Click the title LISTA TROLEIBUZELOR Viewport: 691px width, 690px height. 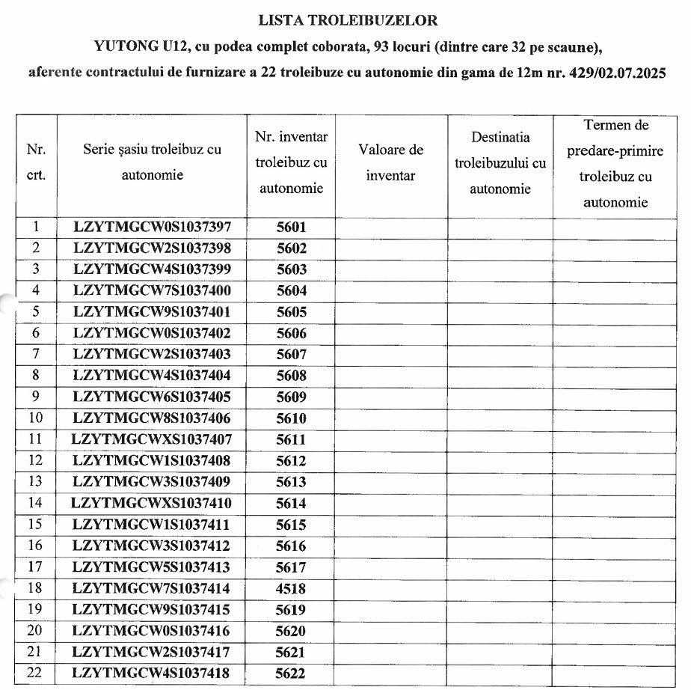348,20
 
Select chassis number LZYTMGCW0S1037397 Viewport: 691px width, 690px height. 153,228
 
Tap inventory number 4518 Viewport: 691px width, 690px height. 291,589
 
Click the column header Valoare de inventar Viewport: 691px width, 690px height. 391,162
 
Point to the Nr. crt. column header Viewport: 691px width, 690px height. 36,162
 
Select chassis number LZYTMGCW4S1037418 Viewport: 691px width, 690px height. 152,674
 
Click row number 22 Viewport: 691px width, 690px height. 35,673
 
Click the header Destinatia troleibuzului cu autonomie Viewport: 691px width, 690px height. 500,163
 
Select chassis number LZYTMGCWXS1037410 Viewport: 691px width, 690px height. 152,504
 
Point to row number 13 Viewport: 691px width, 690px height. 35,482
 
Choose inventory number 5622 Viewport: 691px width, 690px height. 291,674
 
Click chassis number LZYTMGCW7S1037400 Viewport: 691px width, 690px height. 153,291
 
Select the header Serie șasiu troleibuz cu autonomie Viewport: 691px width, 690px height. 152,162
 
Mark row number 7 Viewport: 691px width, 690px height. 35,355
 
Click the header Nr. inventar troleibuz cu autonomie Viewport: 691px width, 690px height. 291,162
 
